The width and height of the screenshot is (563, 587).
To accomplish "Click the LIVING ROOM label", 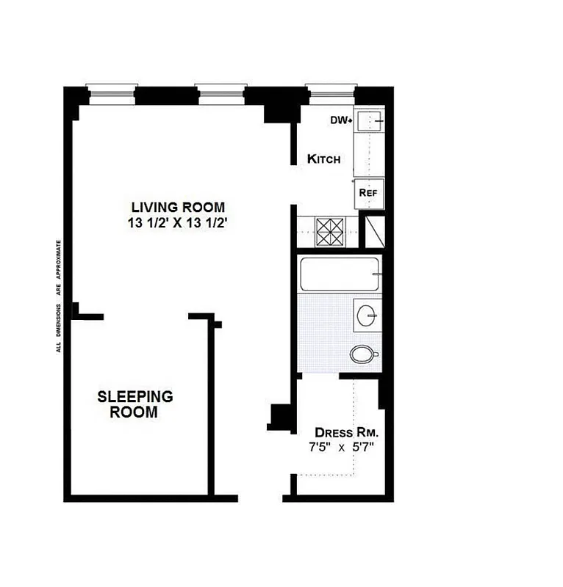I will (178, 207).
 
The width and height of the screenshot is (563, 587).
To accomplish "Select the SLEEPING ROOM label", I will (135, 404).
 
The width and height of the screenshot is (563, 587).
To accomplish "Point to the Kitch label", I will (323, 159).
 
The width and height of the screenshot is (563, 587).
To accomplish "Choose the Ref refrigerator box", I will (368, 193).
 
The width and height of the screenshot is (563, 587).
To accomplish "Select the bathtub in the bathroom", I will (339, 274).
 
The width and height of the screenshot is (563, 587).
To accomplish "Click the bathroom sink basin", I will (366, 315).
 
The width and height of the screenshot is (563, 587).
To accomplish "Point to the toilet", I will (363, 355).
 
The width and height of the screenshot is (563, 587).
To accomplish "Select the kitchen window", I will (330, 91).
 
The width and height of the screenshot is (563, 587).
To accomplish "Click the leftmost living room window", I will (112, 91).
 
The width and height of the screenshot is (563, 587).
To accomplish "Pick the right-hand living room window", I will (220, 91).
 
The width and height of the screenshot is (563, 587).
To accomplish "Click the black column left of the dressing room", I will (280, 416).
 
